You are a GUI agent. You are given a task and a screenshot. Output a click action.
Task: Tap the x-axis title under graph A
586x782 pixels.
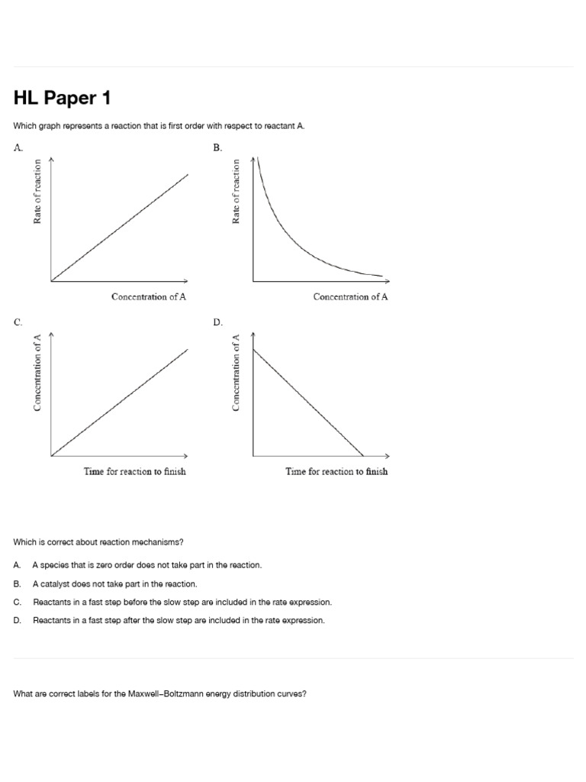149,297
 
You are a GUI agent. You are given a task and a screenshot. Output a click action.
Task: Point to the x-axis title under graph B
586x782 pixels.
350,297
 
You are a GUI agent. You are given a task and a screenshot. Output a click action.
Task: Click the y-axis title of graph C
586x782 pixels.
37,373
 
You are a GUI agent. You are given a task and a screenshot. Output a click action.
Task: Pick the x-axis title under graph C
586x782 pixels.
135,471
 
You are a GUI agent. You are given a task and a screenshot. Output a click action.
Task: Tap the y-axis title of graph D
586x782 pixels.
237,373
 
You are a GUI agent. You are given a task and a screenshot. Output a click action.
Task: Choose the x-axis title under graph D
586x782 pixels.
336,471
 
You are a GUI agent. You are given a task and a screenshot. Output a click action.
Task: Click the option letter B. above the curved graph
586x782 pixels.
217,148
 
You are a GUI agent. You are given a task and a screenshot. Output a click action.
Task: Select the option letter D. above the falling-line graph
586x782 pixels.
217,322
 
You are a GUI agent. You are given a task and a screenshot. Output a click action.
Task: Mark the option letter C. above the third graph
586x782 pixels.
18,322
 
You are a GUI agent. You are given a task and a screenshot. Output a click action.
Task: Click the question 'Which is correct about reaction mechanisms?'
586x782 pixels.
98,542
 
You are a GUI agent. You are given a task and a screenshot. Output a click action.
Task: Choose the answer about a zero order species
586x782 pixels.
146,565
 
